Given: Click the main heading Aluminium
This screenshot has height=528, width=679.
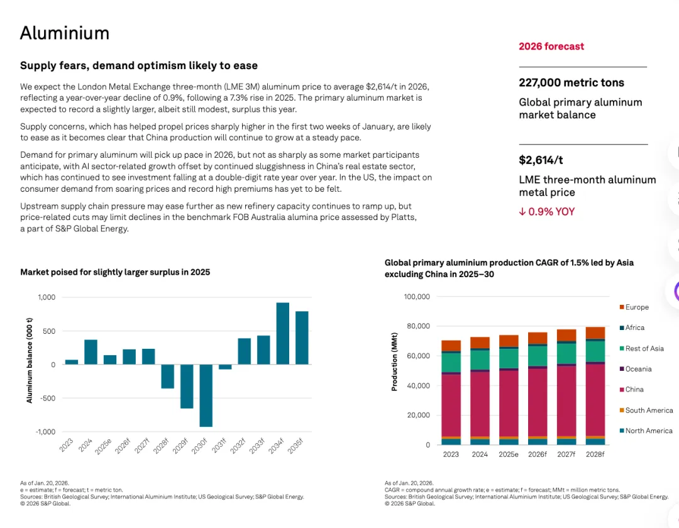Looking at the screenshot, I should click(65, 33).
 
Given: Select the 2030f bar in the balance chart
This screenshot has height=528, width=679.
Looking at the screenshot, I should click(206, 395).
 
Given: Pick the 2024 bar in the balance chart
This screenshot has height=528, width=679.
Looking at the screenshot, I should click(91, 352).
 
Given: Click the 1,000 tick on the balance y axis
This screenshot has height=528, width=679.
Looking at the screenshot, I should click(47, 297).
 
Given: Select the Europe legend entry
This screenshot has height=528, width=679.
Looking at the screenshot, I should click(637, 307).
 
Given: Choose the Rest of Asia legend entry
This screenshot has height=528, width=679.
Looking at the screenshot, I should click(644, 348).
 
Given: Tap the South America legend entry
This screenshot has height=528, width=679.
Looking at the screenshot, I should click(649, 410).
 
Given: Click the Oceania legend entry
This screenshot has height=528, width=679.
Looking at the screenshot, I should click(638, 369).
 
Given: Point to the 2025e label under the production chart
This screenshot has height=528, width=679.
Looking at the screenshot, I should click(509, 454).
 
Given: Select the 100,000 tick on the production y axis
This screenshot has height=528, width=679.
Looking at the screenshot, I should click(416, 297).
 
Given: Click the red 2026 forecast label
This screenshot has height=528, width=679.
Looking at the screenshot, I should click(551, 47).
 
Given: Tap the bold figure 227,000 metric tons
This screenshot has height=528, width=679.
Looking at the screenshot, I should click(571, 82).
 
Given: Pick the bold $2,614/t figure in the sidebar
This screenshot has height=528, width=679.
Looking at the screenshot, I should click(541, 160).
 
